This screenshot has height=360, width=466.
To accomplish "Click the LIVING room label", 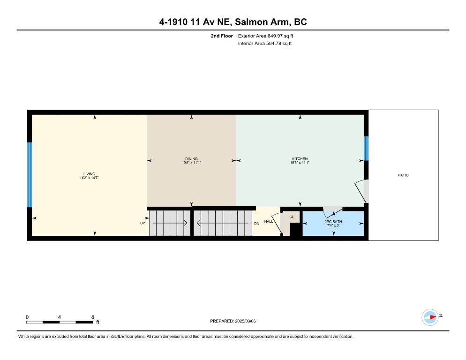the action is [89, 174].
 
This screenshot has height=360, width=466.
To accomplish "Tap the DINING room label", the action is [191, 159].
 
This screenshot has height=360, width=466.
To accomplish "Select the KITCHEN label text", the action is [300, 159].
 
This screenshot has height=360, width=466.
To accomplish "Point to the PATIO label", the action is [403, 175].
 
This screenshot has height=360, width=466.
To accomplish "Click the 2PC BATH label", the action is [333, 221].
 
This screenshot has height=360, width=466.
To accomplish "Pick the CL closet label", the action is [292, 217].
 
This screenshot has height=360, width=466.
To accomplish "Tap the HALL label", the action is [269, 221].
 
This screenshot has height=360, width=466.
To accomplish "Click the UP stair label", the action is [143, 223].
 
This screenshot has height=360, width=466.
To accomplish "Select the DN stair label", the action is [257, 224].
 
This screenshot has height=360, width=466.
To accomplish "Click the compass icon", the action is [430, 317].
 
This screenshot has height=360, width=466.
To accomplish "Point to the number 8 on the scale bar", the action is [93, 317].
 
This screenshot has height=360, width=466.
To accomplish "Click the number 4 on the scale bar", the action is [60, 317].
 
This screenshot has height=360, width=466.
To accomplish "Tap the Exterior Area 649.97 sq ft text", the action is [265, 36].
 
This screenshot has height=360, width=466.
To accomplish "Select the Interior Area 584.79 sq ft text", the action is [265, 44].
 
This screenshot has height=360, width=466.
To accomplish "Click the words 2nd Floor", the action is [222, 36].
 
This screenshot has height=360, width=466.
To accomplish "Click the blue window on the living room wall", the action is [30, 175].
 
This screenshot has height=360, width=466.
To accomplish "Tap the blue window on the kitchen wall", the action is [366, 148].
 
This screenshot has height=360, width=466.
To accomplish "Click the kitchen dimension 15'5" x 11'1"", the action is [300, 163].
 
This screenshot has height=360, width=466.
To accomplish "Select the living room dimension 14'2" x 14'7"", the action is [89, 178].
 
